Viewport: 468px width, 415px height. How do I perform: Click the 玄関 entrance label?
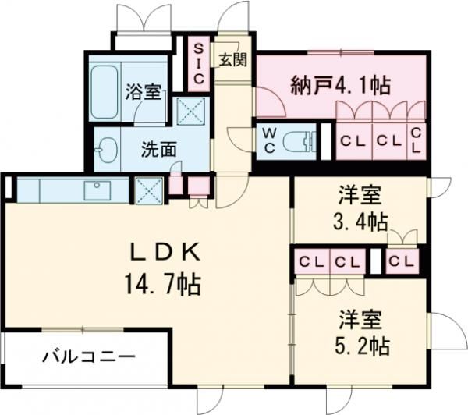tap(232, 60)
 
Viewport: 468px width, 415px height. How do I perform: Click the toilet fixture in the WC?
tap(301, 141)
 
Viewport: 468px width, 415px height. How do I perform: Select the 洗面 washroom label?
tap(158, 148)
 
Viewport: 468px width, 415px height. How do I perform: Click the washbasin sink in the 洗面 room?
tap(108, 148)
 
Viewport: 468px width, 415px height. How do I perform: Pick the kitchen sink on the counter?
tap(97, 188)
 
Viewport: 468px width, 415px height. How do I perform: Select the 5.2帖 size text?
tap(360, 343)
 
